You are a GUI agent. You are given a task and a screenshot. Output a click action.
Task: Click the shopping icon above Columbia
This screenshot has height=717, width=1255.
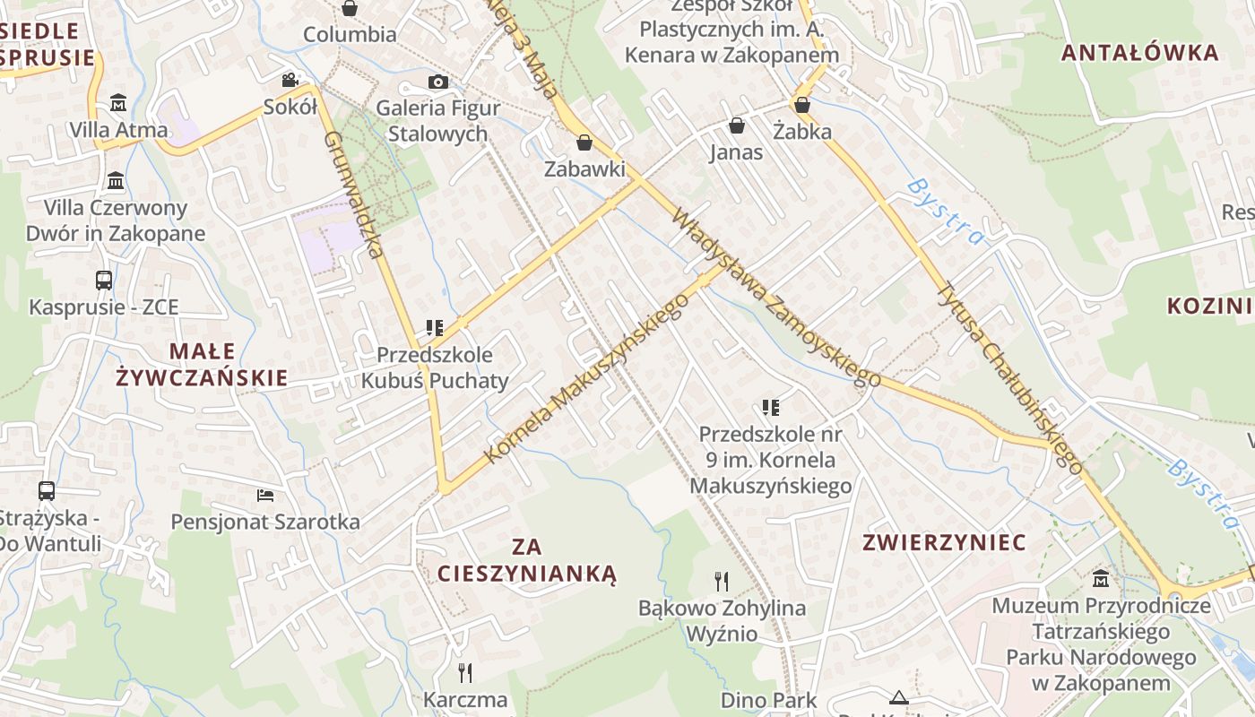click(x=350, y=9)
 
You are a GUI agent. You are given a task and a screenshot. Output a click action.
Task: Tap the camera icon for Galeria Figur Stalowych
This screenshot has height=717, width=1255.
click(x=437, y=82)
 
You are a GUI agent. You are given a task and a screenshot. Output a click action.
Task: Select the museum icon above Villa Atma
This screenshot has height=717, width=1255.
click(x=117, y=103)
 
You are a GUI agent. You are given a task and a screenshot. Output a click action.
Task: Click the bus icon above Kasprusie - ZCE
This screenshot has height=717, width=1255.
click(x=104, y=281)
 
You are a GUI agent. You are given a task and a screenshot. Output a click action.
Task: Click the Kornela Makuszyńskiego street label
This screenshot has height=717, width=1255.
click(x=587, y=378)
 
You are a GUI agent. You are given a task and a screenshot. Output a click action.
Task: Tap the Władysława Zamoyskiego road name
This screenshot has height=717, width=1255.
click(x=776, y=298)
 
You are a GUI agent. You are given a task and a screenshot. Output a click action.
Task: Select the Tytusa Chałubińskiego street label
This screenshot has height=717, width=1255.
click(x=1009, y=377)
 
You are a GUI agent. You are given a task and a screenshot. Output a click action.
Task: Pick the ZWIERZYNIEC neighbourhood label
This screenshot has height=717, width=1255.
click(x=944, y=542)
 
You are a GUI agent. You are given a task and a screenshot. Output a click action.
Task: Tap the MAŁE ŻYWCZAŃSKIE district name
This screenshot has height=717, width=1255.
click(x=202, y=364)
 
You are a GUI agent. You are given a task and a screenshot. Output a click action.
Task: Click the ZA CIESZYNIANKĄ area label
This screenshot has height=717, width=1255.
click(x=527, y=559)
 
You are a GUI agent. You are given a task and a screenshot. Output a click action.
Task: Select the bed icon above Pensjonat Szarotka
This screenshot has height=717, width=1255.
click(x=265, y=495)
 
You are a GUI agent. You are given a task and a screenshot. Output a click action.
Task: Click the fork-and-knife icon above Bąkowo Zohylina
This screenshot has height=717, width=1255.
click(x=722, y=582)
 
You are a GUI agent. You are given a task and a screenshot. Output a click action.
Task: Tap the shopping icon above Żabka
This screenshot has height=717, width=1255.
click(x=802, y=105)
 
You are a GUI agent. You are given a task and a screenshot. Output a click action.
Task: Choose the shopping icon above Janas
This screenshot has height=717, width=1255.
click(x=737, y=125)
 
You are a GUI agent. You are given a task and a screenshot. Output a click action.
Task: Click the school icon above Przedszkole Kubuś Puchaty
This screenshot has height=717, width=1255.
click(x=435, y=328)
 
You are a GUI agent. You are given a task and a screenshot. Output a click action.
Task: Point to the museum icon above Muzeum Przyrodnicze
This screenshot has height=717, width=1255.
click(x=1101, y=579)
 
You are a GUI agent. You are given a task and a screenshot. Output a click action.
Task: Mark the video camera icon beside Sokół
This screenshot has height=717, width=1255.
click(x=290, y=81)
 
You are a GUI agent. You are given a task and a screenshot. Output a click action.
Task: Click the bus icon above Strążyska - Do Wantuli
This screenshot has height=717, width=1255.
click(x=47, y=491)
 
